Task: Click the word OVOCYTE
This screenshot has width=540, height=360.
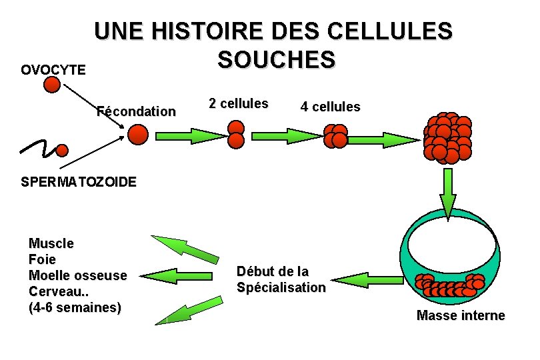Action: pyautogui.click(x=53, y=69)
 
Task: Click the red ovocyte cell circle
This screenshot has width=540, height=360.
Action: pyautogui.click(x=52, y=85)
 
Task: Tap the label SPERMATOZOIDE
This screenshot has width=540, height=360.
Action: pyautogui.click(x=79, y=181)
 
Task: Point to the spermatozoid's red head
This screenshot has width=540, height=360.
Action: pyautogui.click(x=61, y=149)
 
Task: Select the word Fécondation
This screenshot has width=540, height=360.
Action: pyautogui.click(x=136, y=111)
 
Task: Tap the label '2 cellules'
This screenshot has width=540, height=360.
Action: pyautogui.click(x=238, y=103)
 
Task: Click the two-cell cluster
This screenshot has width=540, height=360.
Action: pyautogui.click(x=236, y=134)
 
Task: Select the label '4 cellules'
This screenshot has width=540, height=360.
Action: pyautogui.click(x=330, y=107)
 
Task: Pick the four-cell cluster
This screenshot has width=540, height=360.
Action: pyautogui.click(x=336, y=136)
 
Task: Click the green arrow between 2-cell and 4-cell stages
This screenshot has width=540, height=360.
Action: pyautogui.click(x=286, y=136)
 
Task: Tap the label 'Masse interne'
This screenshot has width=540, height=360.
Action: pyautogui.click(x=461, y=315)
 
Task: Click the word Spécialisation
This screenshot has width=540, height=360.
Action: pyautogui.click(x=281, y=287)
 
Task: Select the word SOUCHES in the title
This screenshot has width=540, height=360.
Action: pyautogui.click(x=276, y=60)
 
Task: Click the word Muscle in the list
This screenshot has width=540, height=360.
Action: pyautogui.click(x=51, y=244)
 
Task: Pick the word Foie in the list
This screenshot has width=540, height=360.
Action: pyautogui.click(x=43, y=259)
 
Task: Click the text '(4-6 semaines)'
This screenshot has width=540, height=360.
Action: pyautogui.click(x=75, y=307)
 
